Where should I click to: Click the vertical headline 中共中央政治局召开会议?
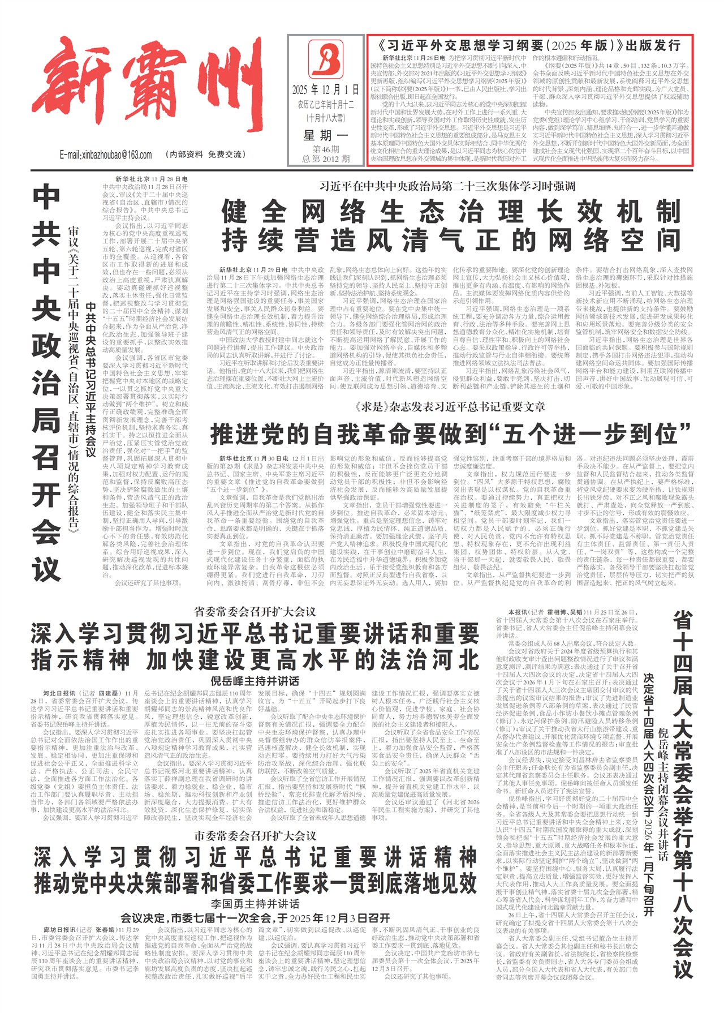[46, 385]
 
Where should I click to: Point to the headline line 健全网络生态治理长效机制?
[451, 212]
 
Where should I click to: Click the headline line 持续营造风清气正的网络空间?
[451, 241]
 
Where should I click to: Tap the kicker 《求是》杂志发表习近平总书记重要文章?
[451, 407]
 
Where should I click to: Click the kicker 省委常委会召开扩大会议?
[255, 612]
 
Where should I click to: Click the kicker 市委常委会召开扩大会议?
[255, 836]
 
